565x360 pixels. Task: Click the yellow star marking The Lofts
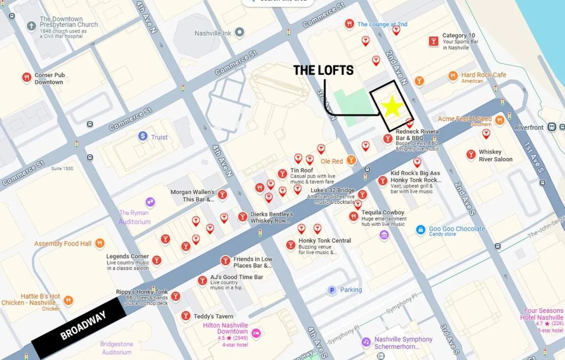point(392,107)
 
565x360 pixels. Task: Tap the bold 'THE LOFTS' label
point(323,71)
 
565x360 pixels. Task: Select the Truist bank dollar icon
point(143,136)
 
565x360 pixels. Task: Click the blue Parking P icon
point(332,290)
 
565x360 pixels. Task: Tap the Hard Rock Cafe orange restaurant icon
point(453,75)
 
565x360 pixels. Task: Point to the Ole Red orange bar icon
point(351,160)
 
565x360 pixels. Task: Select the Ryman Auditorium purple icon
point(150,202)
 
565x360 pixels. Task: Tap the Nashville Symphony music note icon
point(366,342)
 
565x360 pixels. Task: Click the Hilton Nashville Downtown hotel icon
point(256,333)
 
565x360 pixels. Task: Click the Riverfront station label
point(530,128)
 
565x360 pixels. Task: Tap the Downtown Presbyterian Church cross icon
point(32,25)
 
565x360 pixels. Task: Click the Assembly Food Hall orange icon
point(99,243)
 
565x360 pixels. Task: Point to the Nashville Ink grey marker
point(240,32)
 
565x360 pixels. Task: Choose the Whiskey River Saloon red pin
point(470,154)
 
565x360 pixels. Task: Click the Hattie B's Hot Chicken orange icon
point(69,300)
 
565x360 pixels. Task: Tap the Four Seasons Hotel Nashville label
point(544,314)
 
